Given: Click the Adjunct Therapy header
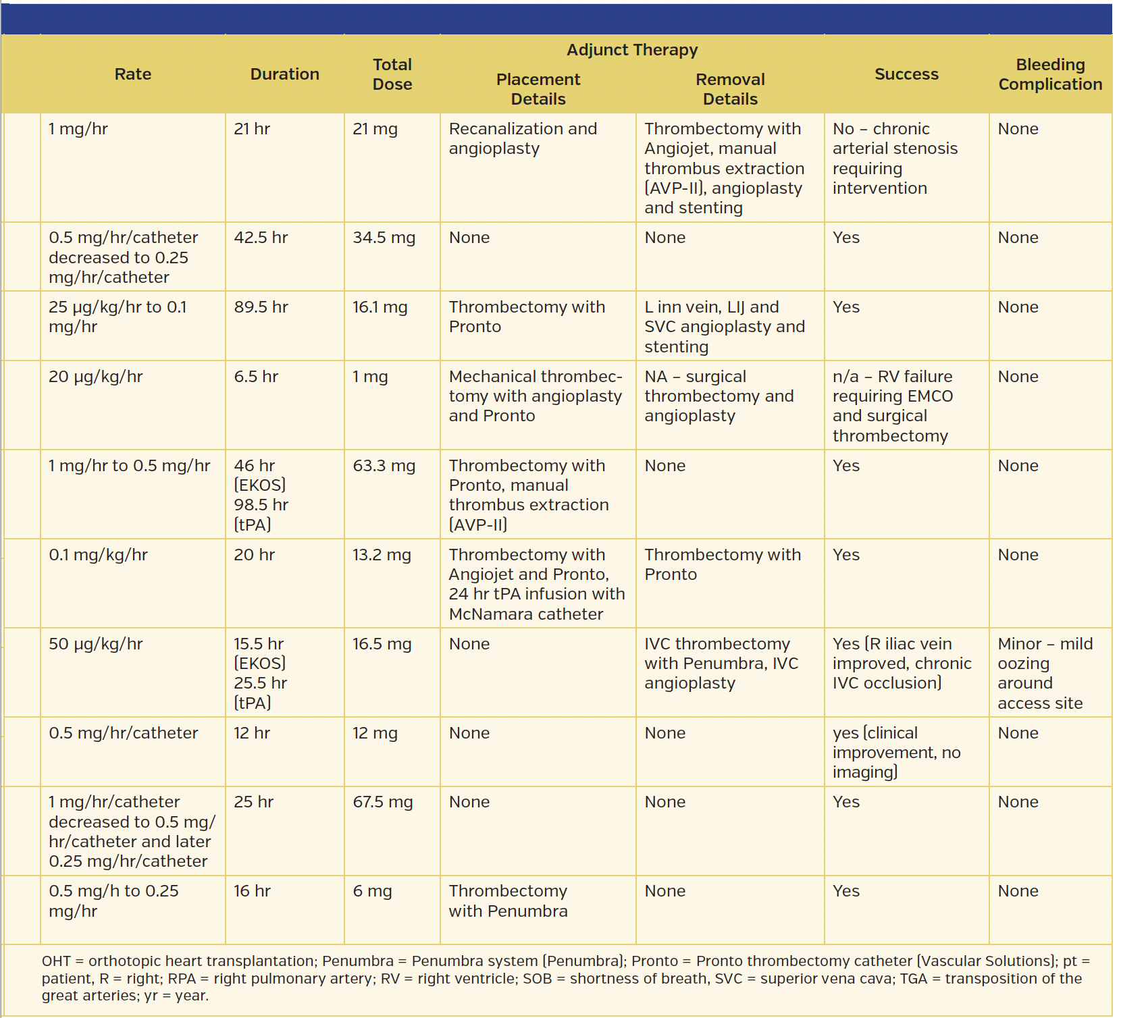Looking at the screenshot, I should tap(631, 50).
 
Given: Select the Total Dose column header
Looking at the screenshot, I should tap(392, 74).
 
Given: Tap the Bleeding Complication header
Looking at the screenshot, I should tap(1049, 74).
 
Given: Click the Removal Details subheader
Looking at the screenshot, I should tap(729, 89).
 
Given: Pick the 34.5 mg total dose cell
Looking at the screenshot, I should tap(384, 238).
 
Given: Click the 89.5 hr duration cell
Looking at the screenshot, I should tap(261, 307).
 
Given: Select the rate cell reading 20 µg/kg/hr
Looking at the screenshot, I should tap(96, 377).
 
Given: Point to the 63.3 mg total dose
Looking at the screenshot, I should tap(384, 466).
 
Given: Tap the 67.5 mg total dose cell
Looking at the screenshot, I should tap(382, 802).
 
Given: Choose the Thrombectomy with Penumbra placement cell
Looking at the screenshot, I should tap(508, 901).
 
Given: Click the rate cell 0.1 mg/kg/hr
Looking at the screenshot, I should tap(98, 555).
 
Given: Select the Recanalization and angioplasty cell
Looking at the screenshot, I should tap(523, 138).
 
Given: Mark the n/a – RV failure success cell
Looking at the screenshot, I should tap(892, 406).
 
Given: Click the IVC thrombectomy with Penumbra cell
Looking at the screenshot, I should tap(721, 663).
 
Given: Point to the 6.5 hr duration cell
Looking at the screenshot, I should tap(256, 377).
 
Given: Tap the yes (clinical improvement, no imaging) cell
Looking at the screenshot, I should tap(896, 752).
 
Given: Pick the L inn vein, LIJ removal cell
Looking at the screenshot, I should tap(724, 327).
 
